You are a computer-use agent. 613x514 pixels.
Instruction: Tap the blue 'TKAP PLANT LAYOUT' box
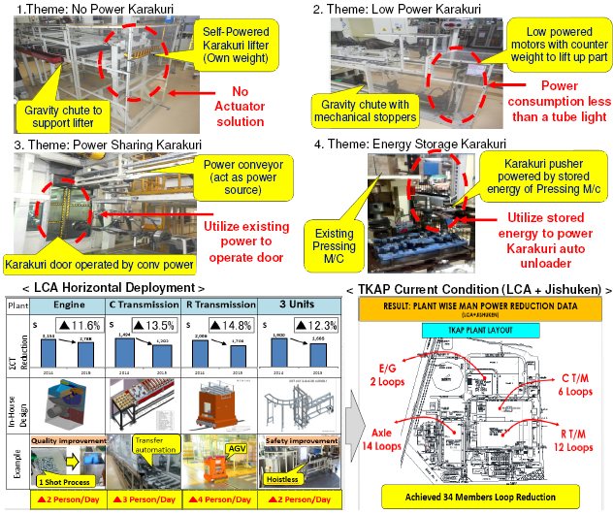(x=466, y=331)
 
